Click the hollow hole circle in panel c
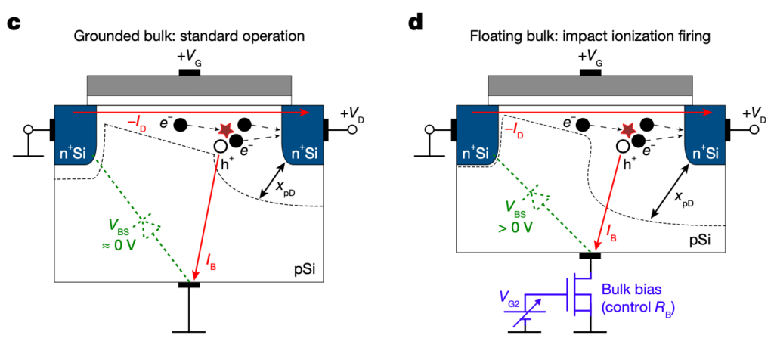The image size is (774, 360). coord(220,146)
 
